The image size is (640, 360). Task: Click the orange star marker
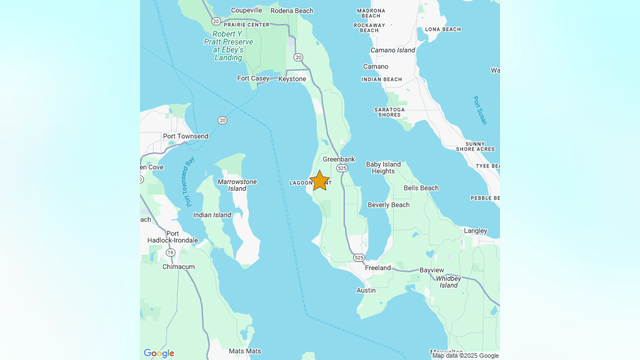coord(319,181)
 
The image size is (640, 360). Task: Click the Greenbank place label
coord(339,159)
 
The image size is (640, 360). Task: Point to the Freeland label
coord(378,268)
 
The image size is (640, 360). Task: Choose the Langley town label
coord(476,230)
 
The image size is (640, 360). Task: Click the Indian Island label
coord(212,215)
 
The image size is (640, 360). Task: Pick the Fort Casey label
coord(253,78)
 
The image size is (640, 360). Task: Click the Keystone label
coord(292,78)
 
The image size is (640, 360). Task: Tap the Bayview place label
coord(432,270)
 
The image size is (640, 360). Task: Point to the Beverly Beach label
coord(388,205)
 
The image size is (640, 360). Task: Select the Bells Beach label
coord(421,188)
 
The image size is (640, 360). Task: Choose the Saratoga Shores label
coord(389,111)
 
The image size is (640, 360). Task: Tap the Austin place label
coord(366,290)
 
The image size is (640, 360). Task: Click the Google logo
coord(159,353)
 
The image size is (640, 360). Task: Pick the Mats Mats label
coord(244,351)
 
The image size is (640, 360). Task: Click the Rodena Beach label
coord(291,11)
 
